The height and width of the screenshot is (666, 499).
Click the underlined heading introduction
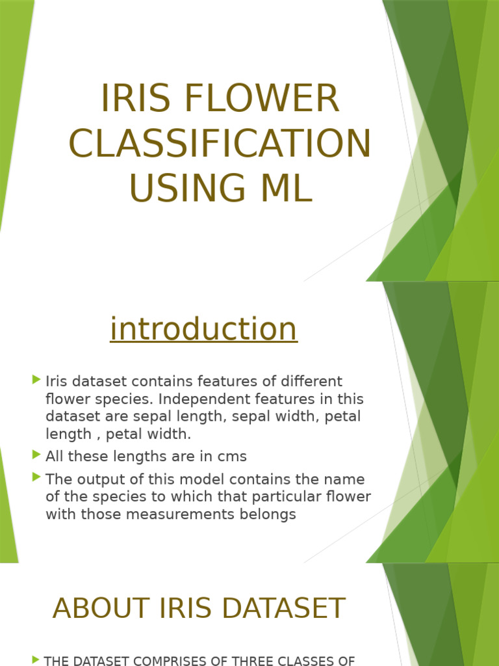coord(203,328)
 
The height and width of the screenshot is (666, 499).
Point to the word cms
coord(232,457)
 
